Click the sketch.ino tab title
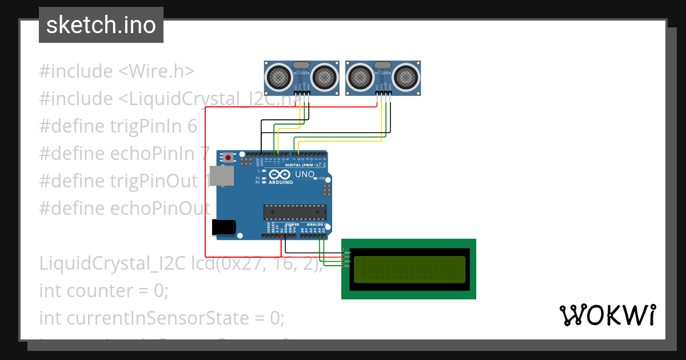pos(101,25)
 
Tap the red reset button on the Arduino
pos(229,157)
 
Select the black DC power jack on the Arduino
pos(223,227)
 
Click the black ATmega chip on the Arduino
pos(295,212)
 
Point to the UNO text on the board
pos(304,174)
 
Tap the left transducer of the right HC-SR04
pos(361,75)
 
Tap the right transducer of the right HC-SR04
pos(405,75)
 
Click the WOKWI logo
pos(607,315)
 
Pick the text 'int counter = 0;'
pos(104,291)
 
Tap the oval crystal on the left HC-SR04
pos(301,65)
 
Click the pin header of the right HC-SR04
pos(384,93)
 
